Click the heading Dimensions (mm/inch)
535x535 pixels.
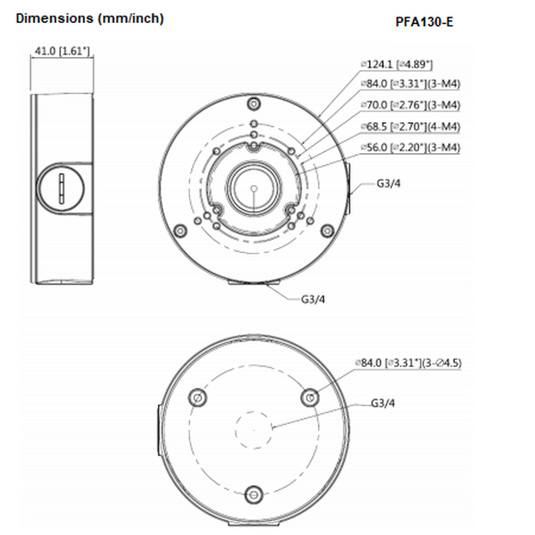click(81, 18)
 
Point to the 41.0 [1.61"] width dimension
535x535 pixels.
click(62, 51)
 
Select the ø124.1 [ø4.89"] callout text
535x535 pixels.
click(398, 65)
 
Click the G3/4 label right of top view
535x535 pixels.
click(388, 183)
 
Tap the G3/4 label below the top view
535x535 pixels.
click(314, 299)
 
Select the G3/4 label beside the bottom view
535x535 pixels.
click(383, 403)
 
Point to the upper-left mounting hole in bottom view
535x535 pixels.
click(196, 397)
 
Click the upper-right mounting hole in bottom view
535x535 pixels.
click(310, 397)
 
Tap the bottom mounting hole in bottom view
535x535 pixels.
click(253, 493)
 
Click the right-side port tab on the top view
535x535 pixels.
click(348, 184)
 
